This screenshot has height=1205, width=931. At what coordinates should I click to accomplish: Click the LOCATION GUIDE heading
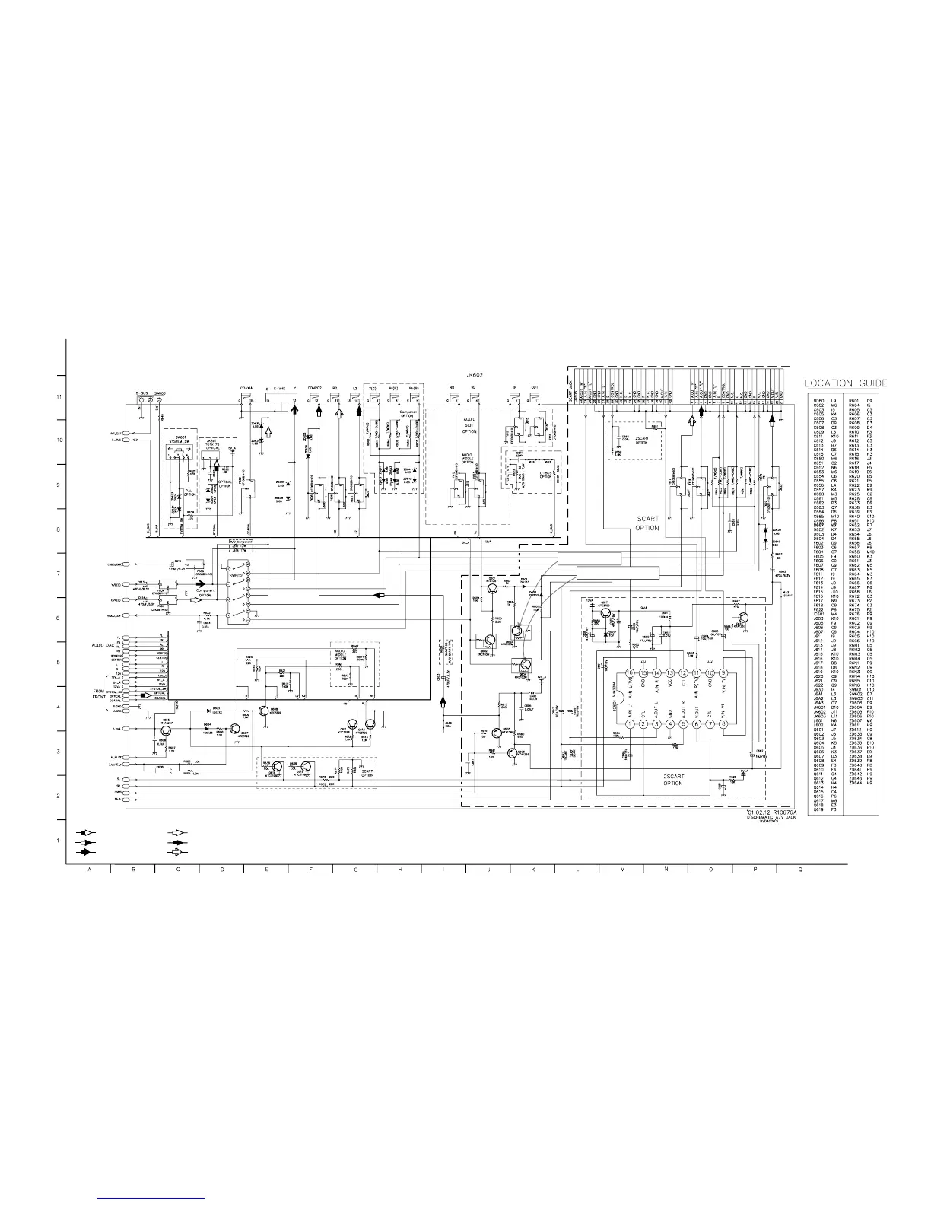pos(846,382)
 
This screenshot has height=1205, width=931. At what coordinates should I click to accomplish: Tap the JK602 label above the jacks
pos(476,374)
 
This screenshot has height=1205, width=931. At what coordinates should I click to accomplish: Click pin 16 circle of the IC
pos(630,673)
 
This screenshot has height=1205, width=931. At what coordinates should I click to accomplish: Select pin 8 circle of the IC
pos(723,723)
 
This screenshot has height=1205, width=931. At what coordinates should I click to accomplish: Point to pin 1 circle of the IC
pos(630,723)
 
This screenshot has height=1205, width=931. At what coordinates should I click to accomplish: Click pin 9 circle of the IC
pos(723,673)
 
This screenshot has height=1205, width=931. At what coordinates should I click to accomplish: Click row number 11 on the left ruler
pos(58,397)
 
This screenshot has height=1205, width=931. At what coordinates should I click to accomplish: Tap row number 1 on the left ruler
pos(58,841)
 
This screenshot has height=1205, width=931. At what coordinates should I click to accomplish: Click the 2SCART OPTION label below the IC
pos(673,780)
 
